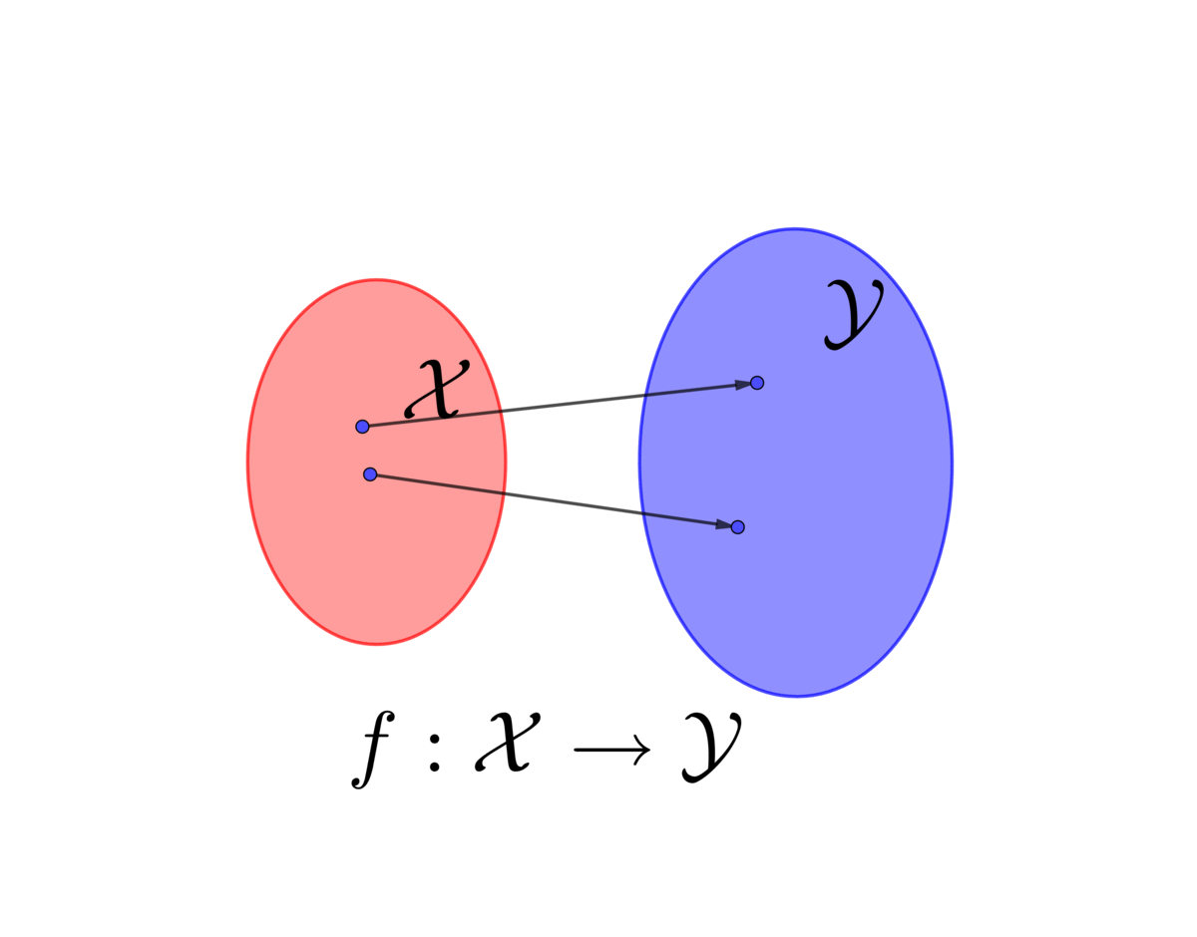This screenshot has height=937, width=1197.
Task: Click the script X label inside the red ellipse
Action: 436,390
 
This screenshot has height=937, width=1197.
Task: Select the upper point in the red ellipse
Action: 362,427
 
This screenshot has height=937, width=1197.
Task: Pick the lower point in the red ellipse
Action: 370,473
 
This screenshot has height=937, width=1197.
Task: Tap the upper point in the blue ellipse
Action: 757,383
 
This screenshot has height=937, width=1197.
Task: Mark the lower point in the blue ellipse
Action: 738,527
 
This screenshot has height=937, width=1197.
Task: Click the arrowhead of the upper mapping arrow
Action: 743,384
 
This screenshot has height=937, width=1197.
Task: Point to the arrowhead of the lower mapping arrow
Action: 723,524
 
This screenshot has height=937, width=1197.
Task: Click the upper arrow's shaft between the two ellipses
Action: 574,403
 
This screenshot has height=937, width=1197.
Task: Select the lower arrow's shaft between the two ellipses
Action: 574,503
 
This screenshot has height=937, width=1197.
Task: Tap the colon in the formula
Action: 434,754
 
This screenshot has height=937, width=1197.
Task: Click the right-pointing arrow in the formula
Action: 611,750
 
